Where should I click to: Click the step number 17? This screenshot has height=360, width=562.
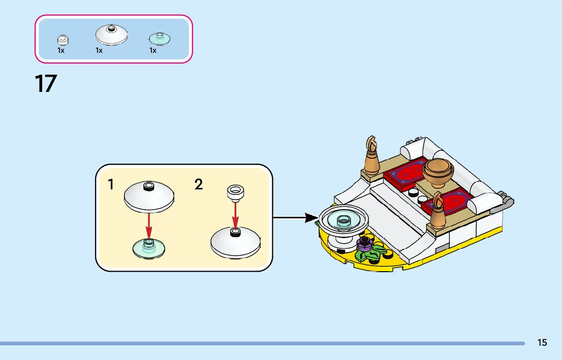tap(46, 83)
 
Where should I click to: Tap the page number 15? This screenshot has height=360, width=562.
tap(542, 343)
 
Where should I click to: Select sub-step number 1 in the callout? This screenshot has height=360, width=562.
tap(111, 185)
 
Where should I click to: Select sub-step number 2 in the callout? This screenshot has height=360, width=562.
tap(199, 184)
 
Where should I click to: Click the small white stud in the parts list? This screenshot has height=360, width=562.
tap(61, 39)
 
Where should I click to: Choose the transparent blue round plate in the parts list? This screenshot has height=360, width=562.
tap(159, 38)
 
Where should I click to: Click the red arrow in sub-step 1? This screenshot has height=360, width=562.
tap(149, 223)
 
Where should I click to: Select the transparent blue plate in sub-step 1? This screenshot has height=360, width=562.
tap(148, 248)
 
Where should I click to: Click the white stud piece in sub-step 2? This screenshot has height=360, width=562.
tap(235, 192)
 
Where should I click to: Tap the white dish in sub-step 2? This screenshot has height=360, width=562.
tap(235, 242)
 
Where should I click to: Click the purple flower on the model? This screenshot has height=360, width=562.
tap(364, 244)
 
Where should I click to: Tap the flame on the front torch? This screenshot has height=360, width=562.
tap(438, 202)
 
